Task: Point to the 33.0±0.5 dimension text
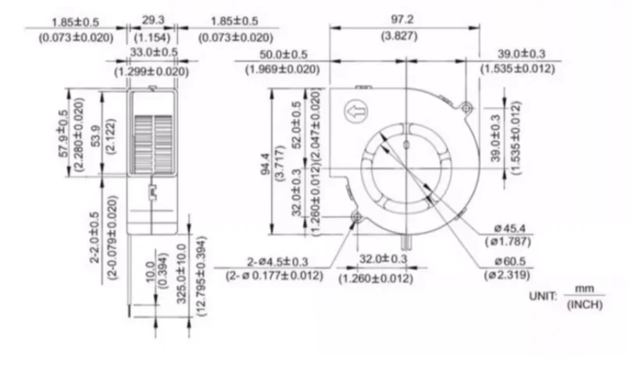pyautogui.click(x=152, y=52)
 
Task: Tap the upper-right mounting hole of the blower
pyautogui.click(x=466, y=106)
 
